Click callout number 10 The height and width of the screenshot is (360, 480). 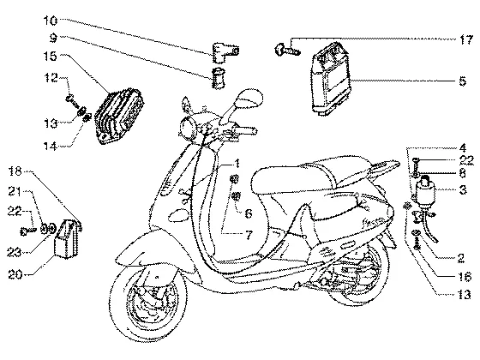point(51,21)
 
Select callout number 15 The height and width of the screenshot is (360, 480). point(51,56)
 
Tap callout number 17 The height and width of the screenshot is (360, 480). point(466,39)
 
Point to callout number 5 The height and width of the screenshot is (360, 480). point(463,81)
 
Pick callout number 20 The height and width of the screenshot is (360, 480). point(15,274)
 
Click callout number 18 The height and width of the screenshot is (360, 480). point(15,171)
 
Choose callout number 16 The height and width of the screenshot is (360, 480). point(465,277)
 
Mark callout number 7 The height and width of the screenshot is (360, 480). point(249,235)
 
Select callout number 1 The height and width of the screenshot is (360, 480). point(237,163)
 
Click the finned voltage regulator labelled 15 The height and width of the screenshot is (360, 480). point(118,116)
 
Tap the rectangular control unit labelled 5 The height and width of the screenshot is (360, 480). point(331,79)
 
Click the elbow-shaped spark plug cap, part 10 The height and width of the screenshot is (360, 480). point(225,52)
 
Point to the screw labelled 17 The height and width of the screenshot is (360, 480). point(288,50)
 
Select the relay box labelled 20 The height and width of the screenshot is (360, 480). point(67,238)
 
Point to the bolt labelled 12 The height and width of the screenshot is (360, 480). point(72,101)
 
